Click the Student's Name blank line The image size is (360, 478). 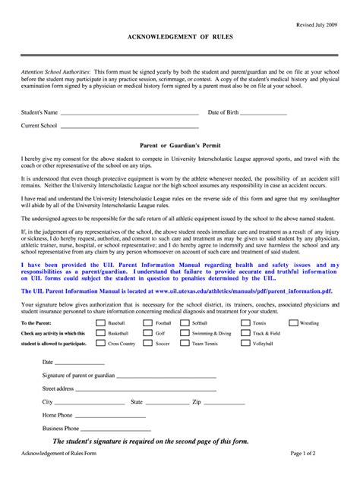pos(129,113)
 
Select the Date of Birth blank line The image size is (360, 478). pos(264,113)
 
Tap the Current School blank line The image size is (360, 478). pos(129,125)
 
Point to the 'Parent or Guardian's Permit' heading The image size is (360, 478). pos(180,143)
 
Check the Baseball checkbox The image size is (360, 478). pos(99,322)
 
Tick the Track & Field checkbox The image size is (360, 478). pos(245,333)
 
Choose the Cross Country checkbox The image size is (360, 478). pos(99,344)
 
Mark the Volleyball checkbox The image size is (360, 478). pos(245,344)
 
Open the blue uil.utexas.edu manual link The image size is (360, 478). pos(232,290)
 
